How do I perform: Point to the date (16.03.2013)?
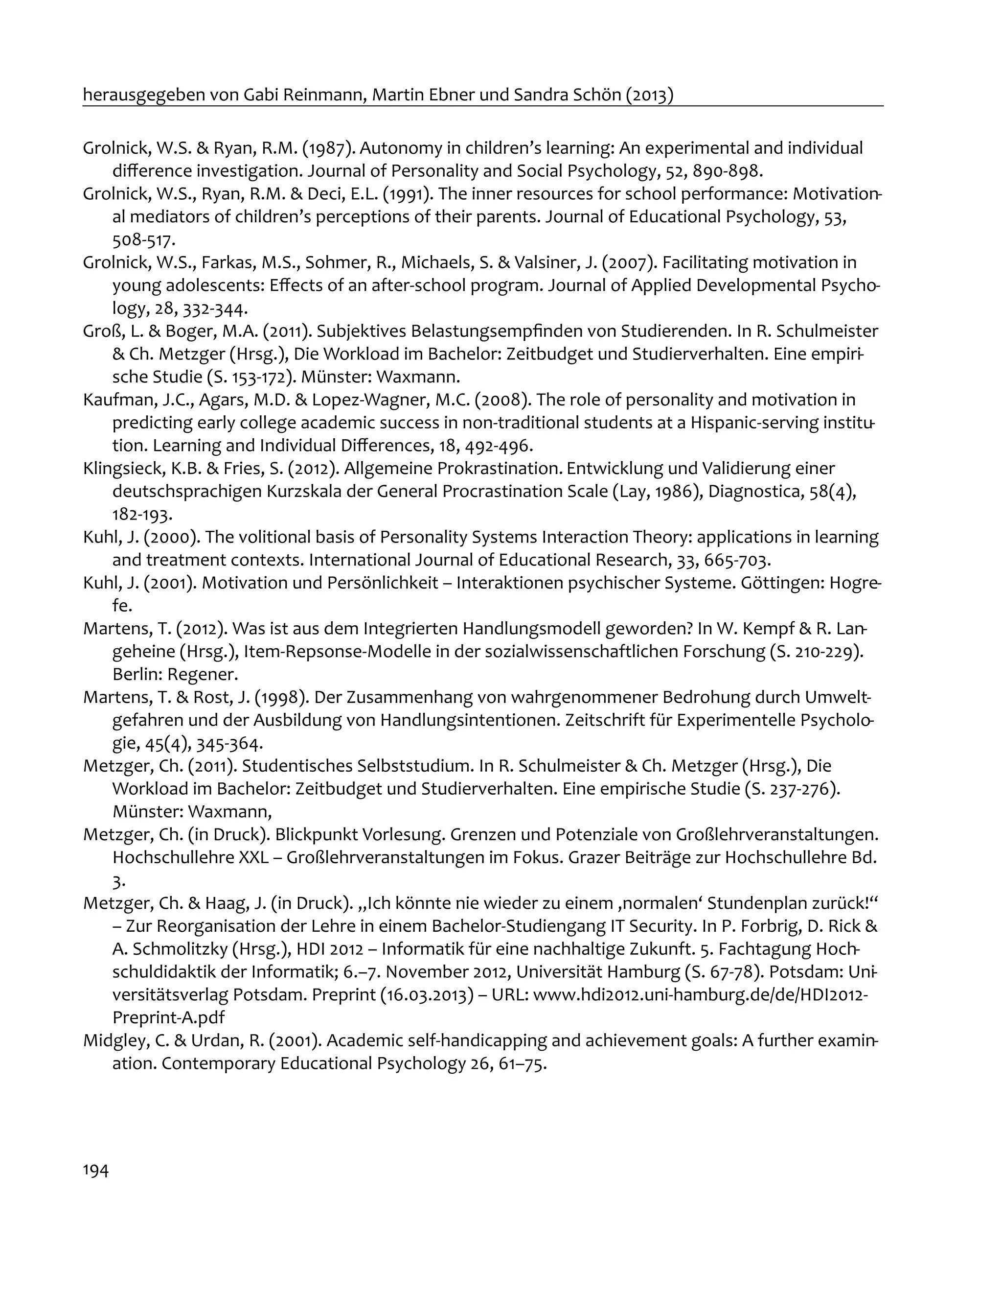click(434, 995)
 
